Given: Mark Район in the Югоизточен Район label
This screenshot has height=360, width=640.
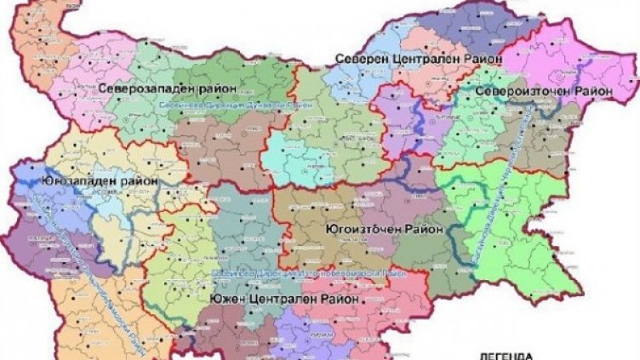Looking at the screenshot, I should coord(425,229).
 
